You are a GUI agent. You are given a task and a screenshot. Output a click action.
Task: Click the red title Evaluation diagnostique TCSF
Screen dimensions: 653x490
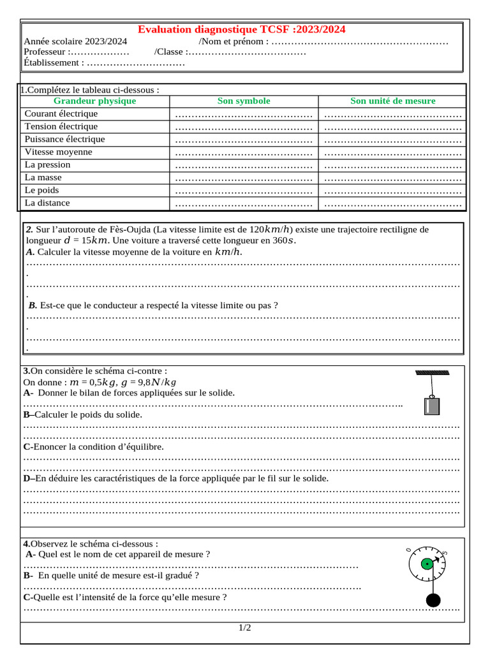(242, 30)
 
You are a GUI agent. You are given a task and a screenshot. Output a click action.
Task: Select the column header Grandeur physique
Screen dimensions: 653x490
(94, 101)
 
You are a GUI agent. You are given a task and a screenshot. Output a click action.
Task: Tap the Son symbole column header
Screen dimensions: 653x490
(244, 101)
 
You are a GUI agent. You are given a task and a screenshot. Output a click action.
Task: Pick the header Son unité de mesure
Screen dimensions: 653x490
(392, 101)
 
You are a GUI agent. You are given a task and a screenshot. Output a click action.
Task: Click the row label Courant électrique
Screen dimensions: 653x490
(61, 114)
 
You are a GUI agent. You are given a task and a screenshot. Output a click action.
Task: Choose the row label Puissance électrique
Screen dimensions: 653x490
(64, 139)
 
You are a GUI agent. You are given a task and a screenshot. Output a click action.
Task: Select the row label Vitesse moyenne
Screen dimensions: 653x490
(58, 152)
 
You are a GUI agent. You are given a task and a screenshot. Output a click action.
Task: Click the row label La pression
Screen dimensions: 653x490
(47, 165)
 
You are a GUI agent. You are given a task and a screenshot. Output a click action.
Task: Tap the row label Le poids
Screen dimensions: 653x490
(41, 190)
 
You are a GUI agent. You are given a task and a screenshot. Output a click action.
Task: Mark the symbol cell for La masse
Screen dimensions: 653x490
(244, 178)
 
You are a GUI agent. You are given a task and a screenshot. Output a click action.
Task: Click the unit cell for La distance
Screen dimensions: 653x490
(392, 204)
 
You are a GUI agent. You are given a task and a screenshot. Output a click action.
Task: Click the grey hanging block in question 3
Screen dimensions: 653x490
(431, 406)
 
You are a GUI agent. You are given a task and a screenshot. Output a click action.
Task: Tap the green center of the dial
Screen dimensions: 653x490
(426, 564)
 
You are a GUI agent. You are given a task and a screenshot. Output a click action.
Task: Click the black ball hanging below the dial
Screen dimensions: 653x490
(433, 600)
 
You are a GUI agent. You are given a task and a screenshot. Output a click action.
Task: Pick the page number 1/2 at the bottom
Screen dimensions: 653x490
(245, 628)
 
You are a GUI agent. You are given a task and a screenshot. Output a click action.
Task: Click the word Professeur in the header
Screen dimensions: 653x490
(45, 52)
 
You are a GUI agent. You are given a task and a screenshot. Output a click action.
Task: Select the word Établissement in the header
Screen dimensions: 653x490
(52, 62)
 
